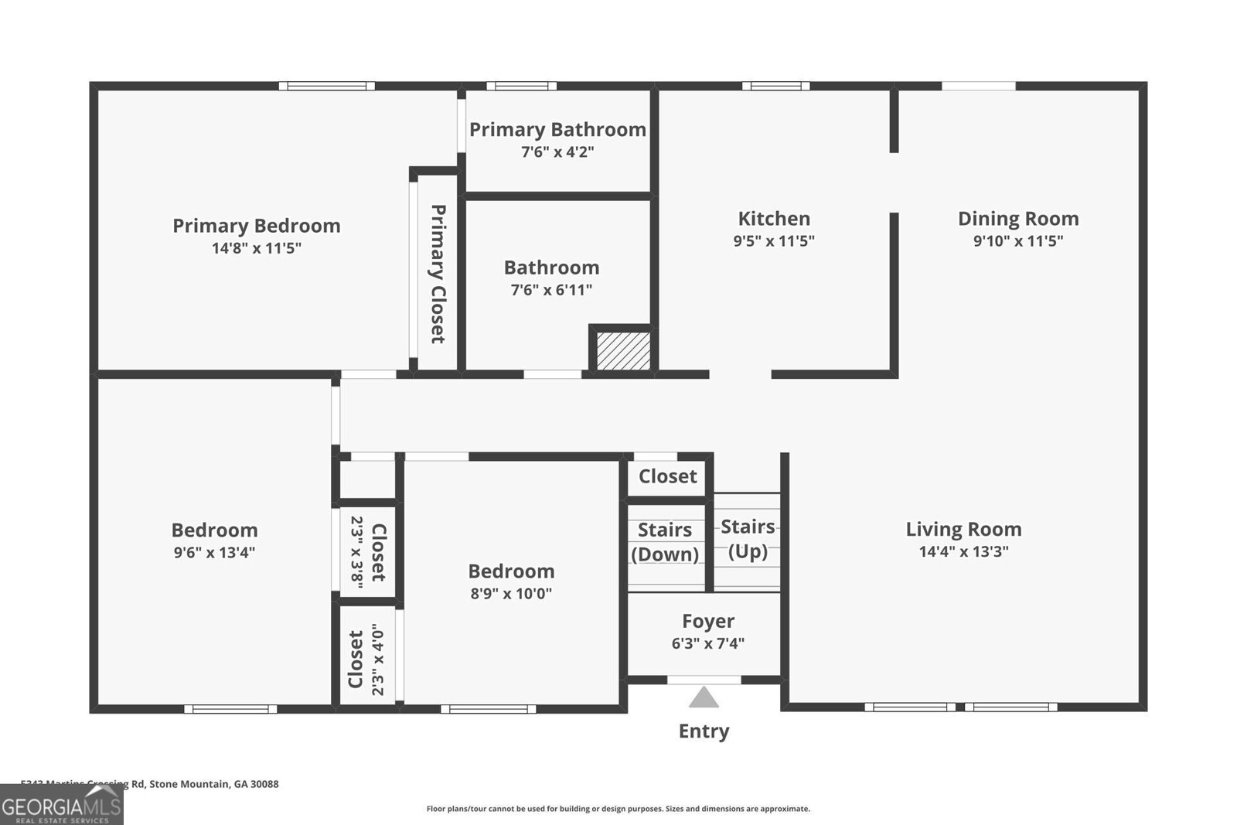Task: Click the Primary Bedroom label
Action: tap(256, 226)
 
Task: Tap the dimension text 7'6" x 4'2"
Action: tap(557, 152)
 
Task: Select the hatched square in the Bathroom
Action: tap(623, 351)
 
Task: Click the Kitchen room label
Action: tap(774, 219)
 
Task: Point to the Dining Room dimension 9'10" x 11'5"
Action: tap(1017, 240)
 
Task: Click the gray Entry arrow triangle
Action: tap(704, 698)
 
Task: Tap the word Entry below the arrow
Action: tap(704, 731)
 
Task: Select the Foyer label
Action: tap(708, 621)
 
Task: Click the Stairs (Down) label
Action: tap(665, 542)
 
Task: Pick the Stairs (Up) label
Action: tap(748, 539)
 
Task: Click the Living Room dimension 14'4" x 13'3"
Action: tap(963, 551)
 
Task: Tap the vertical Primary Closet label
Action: tap(438, 274)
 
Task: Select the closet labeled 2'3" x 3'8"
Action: tap(368, 552)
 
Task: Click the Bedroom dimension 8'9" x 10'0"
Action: tap(511, 594)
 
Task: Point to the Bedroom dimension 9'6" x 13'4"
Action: tap(214, 552)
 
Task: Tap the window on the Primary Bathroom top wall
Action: tap(521, 86)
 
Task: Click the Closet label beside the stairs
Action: tap(668, 476)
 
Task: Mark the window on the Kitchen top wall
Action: tap(776, 86)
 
